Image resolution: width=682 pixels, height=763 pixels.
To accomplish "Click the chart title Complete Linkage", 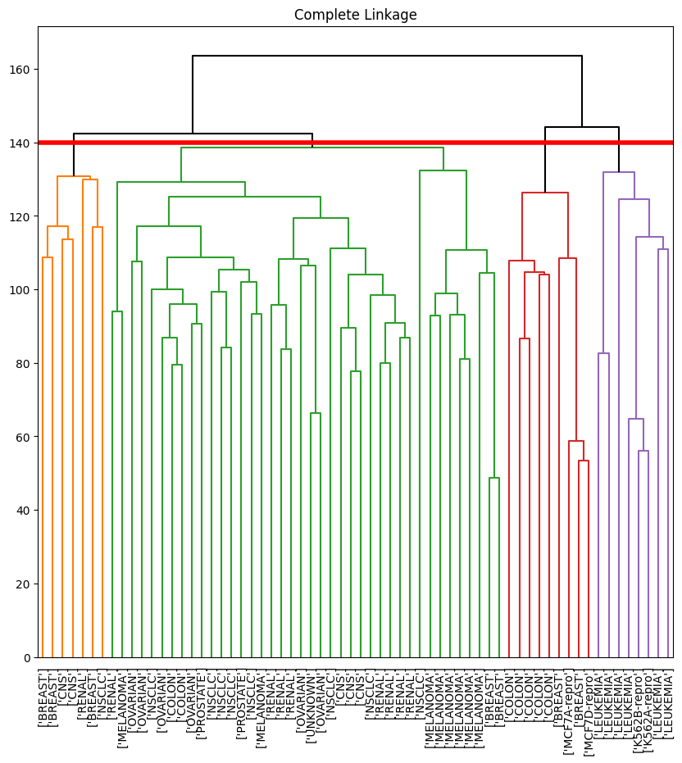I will [x=355, y=15].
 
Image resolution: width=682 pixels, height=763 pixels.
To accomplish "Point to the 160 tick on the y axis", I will [x=21, y=69].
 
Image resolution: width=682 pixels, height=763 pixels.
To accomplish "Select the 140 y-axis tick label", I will [x=21, y=143].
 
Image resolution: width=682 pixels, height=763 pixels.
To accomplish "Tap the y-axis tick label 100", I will [x=21, y=290].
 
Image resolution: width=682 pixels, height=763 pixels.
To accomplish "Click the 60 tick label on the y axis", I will [x=25, y=437].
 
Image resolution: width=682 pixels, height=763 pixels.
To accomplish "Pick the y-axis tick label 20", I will [x=25, y=584].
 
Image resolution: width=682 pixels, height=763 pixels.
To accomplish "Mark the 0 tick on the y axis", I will [x=28, y=657].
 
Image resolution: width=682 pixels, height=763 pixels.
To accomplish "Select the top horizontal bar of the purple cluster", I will [x=619, y=172].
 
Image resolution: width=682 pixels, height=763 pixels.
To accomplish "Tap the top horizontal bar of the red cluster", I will [x=544, y=193].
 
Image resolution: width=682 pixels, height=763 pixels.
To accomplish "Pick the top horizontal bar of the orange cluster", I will [x=74, y=176].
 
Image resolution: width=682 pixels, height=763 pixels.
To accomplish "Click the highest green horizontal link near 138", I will [x=311, y=148].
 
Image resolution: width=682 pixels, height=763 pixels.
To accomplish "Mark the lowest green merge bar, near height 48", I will [x=494, y=478].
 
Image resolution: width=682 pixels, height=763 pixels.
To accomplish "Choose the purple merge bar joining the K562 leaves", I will [x=643, y=451].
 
